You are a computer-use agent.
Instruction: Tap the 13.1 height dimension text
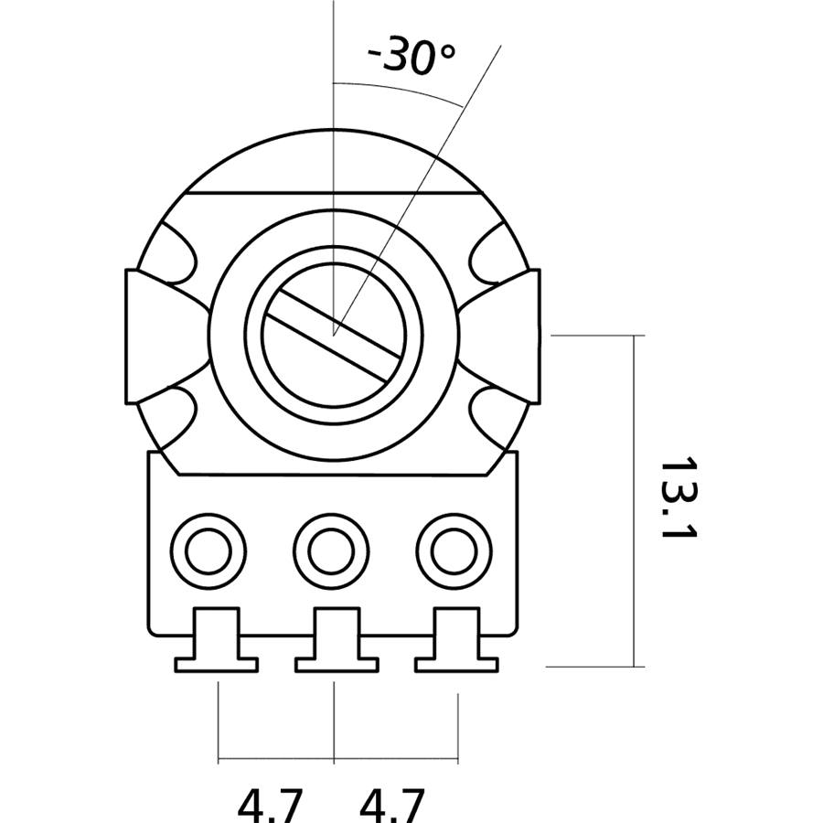(678, 498)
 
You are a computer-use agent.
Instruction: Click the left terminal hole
(208, 550)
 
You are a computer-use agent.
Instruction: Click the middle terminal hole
(331, 550)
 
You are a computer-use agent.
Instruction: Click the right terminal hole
(454, 550)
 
